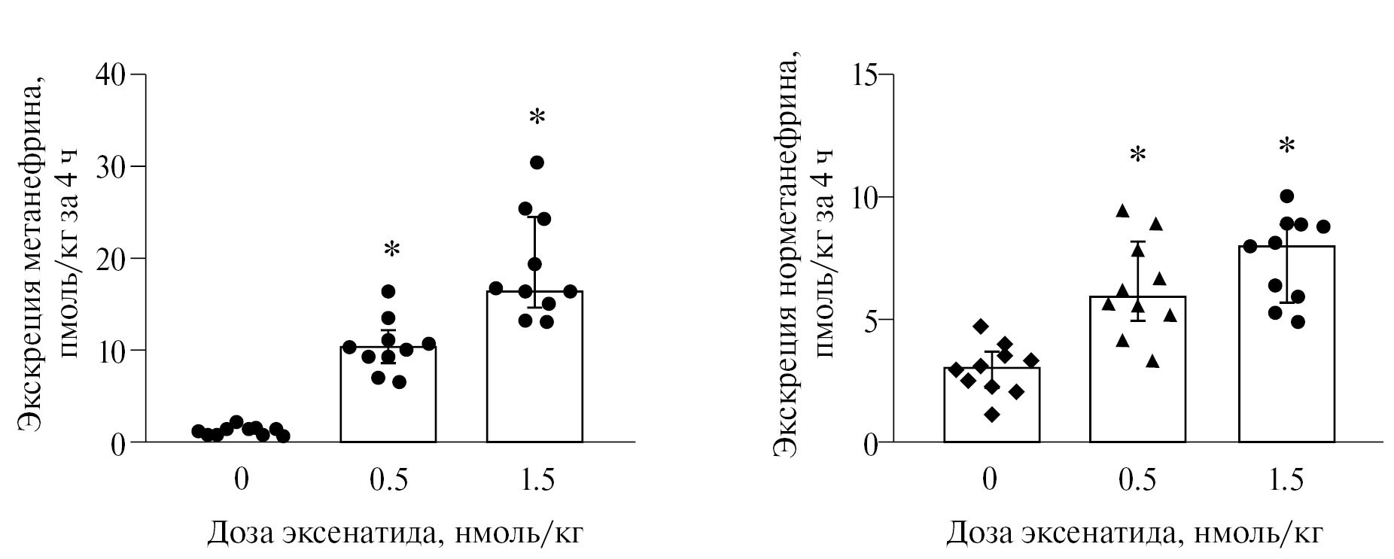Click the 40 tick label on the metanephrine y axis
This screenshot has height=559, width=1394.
coord(111,74)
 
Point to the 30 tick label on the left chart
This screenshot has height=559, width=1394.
coord(111,166)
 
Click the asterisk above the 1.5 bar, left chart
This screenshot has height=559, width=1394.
coord(536,117)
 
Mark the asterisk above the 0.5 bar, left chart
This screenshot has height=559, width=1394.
coord(391,249)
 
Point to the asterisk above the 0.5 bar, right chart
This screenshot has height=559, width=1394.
coord(1138,155)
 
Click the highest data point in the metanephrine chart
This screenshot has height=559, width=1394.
coord(537,163)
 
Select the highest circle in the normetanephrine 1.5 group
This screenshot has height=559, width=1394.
coord(1286,196)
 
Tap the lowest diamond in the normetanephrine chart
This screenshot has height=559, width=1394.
coord(991,415)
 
